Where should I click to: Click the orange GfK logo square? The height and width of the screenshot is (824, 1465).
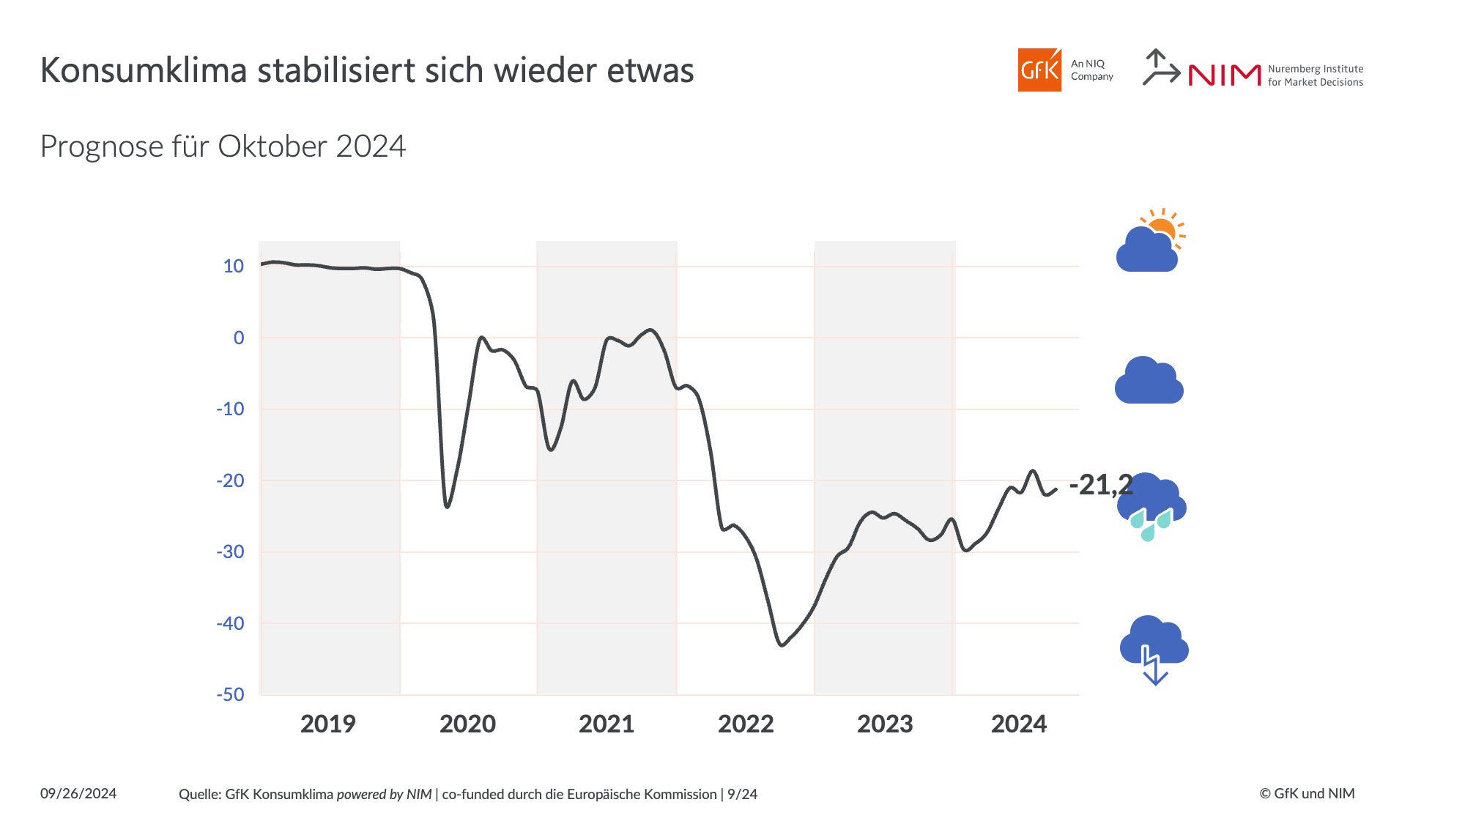point(1039,70)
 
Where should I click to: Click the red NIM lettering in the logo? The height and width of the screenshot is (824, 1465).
point(1224,75)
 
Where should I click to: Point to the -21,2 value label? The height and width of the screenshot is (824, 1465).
point(1101,485)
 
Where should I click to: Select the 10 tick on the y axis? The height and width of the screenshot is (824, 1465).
point(234,266)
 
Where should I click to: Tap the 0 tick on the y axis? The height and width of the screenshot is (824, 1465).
point(239,338)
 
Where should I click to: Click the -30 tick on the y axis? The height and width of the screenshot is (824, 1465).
point(230,552)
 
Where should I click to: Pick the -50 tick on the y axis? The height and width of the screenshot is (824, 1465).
point(230,694)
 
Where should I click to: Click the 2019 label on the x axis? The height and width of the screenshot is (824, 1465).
point(327,724)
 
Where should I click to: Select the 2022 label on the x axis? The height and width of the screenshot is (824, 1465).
point(746,724)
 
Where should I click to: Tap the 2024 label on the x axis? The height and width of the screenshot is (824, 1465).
point(1019,724)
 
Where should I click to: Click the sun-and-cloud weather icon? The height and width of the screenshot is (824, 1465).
point(1150,242)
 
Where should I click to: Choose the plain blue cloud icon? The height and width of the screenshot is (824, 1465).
point(1149,381)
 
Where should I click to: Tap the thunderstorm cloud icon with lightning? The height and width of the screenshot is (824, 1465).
point(1154,649)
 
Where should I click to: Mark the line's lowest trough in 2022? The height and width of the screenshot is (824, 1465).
point(782,645)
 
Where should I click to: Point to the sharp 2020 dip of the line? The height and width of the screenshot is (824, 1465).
point(447,506)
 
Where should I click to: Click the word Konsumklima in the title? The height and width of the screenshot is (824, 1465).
point(144,70)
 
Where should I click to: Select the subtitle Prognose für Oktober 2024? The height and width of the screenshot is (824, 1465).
point(223,146)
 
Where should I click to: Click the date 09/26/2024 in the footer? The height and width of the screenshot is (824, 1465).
point(78,793)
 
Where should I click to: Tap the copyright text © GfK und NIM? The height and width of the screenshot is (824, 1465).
point(1307,793)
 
